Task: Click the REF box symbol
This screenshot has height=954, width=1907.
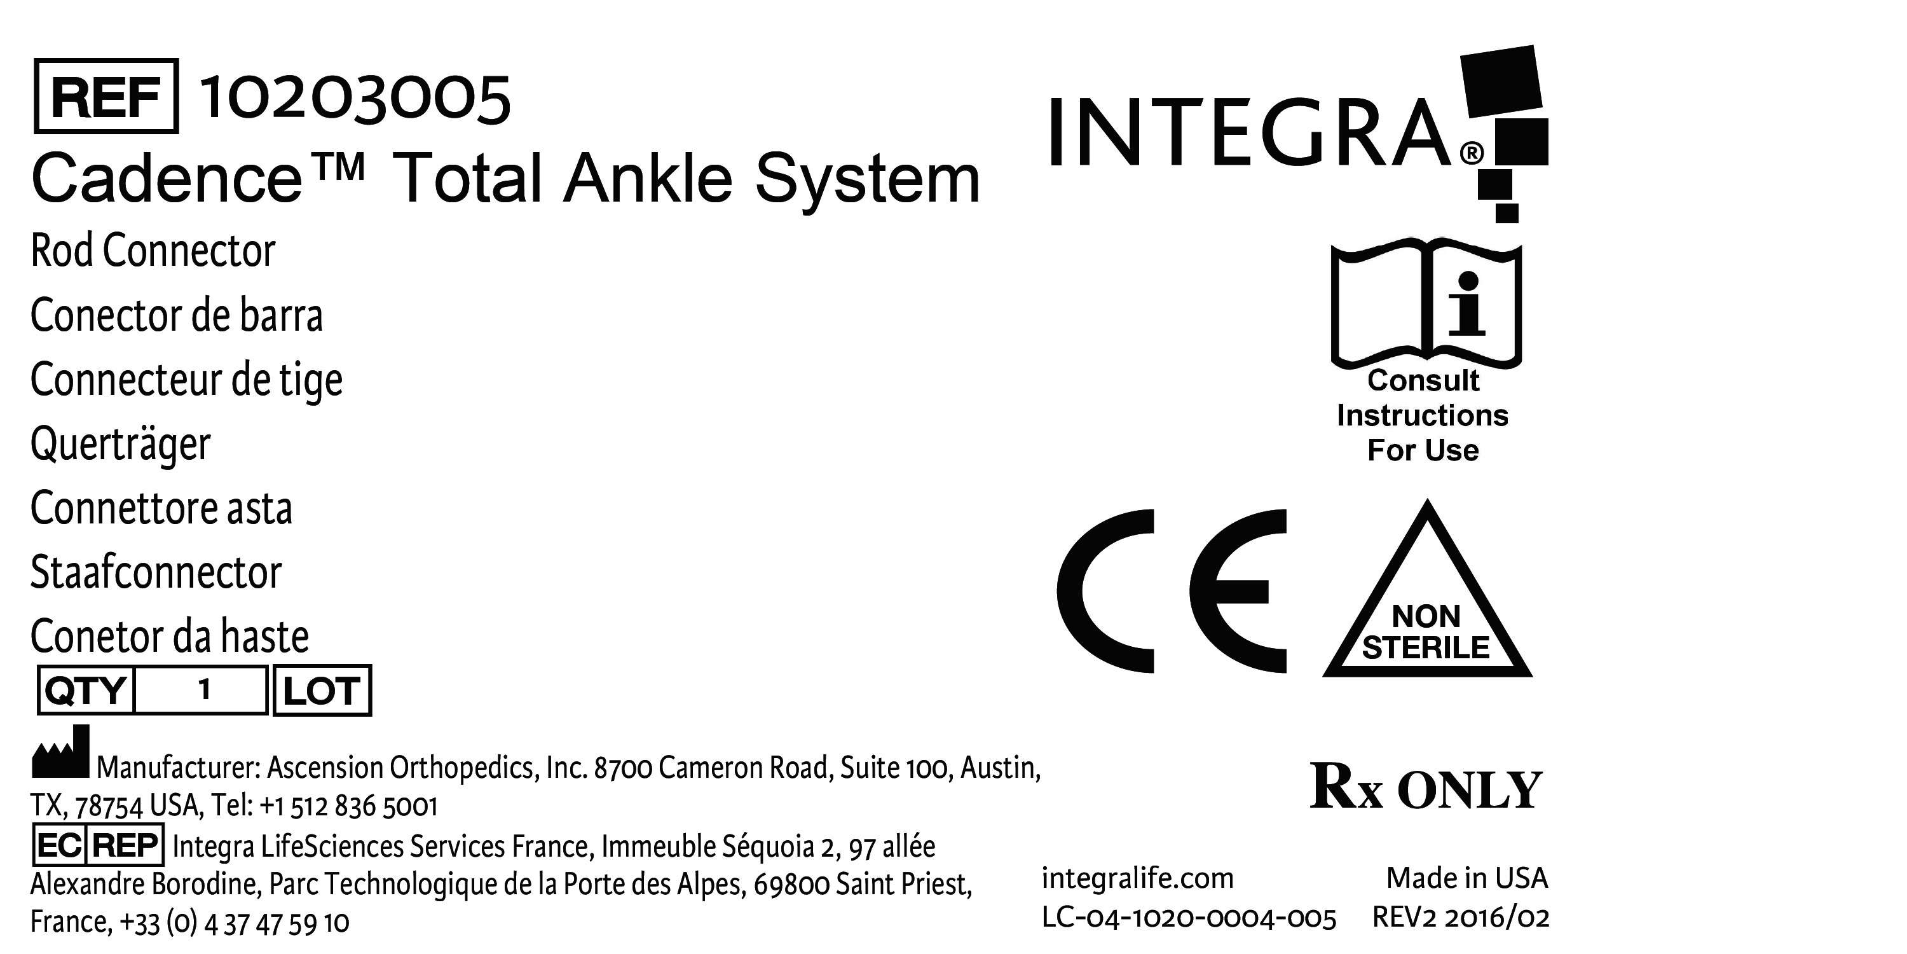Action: point(106,96)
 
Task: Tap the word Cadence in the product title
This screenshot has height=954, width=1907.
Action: point(167,179)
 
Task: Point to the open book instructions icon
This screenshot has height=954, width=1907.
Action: point(1426,303)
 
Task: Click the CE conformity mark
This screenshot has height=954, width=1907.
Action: point(1171,591)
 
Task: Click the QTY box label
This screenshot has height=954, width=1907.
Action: point(86,690)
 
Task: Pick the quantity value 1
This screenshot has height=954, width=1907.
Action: point(204,689)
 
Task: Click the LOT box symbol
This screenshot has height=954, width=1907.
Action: point(322,690)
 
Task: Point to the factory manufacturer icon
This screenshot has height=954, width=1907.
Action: point(60,752)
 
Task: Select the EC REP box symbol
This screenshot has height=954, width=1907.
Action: point(99,845)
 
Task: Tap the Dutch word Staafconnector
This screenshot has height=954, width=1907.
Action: point(156,572)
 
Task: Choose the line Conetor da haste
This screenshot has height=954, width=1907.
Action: point(170,636)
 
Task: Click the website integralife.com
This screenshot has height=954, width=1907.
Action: point(1137,878)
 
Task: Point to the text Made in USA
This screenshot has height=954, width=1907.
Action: point(1466,878)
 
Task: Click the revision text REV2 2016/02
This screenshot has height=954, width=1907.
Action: point(1461,918)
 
